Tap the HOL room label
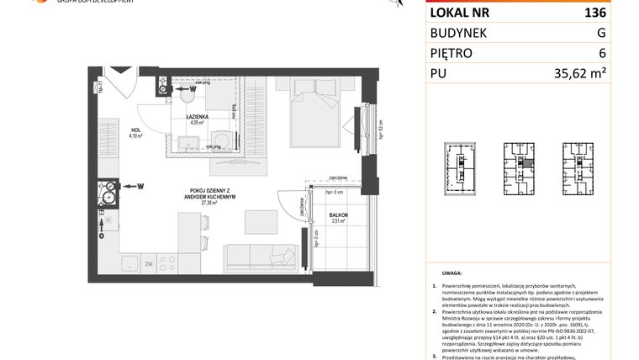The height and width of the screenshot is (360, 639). (x=135, y=130)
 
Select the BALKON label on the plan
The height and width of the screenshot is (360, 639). (x=338, y=216)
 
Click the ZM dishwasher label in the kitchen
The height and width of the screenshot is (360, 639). (x=148, y=263)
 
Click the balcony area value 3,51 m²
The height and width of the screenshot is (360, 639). (x=338, y=222)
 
